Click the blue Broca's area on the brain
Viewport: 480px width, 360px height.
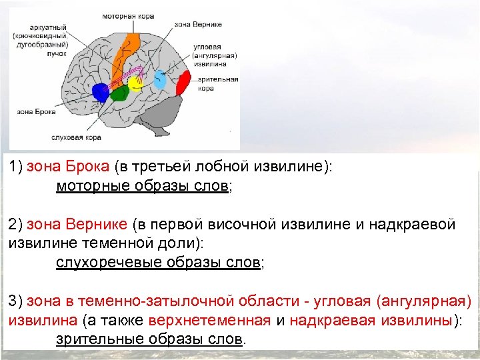[x=100, y=92]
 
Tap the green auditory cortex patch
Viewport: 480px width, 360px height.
[x=119, y=93]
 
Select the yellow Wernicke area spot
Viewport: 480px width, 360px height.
[x=136, y=83]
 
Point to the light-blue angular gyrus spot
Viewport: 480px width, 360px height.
[x=160, y=79]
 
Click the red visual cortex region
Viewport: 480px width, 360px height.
[x=181, y=84]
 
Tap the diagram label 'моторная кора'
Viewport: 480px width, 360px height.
[x=129, y=15]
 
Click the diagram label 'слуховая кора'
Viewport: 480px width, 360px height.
[x=76, y=138]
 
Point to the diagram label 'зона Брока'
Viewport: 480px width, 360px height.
[x=31, y=111]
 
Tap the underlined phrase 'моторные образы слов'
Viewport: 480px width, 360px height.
[x=142, y=187]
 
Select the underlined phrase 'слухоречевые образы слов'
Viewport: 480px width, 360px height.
[x=157, y=262]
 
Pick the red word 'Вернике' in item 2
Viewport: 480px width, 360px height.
[x=101, y=225]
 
